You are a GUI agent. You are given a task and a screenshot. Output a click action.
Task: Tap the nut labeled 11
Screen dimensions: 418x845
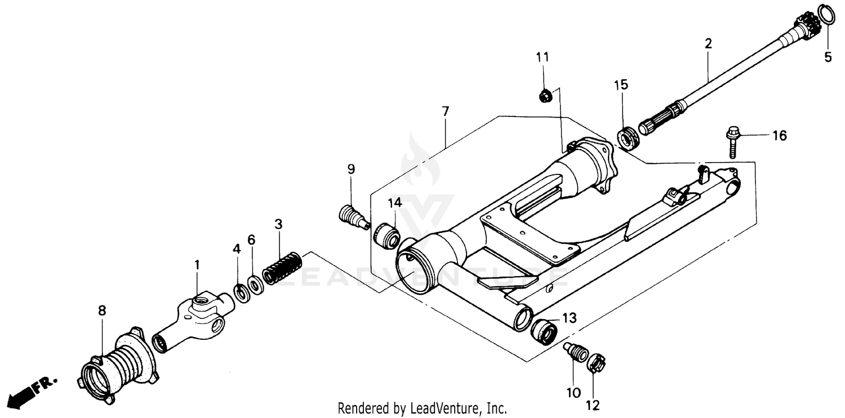[x=545, y=96]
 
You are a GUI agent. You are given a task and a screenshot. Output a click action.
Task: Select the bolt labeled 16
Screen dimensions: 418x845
[x=731, y=141]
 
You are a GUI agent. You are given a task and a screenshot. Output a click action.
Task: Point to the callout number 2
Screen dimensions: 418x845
[x=708, y=43]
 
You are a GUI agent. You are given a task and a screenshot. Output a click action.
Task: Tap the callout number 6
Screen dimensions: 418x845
[x=251, y=240]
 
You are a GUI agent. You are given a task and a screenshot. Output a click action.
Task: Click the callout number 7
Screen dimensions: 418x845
[x=446, y=111]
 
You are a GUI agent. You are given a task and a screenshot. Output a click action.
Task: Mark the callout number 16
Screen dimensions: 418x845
[x=779, y=136]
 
